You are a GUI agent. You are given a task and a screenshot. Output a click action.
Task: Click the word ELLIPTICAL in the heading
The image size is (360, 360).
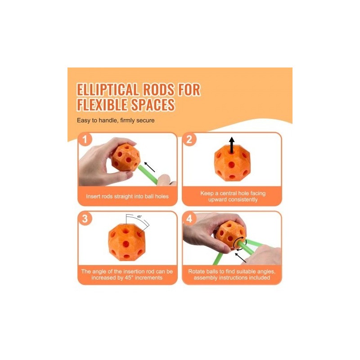(x=108, y=89)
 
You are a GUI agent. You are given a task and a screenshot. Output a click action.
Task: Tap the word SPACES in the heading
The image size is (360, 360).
(x=153, y=105)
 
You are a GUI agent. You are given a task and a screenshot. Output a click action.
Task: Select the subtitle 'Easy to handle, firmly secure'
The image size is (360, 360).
(x=116, y=120)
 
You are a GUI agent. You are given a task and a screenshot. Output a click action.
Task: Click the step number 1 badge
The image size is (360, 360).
(x=85, y=139)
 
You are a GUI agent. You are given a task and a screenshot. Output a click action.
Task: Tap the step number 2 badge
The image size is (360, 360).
(x=189, y=139)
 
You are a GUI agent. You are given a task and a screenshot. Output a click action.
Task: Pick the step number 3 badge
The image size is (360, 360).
(x=85, y=218)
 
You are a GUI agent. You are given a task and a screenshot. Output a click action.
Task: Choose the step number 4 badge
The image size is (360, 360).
(x=189, y=218)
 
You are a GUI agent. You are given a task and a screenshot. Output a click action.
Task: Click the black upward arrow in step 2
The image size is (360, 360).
(x=232, y=145)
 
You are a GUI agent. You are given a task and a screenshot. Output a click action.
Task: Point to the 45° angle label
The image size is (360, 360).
(x=139, y=216)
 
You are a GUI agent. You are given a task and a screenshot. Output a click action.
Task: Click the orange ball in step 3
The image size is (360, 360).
(x=126, y=242)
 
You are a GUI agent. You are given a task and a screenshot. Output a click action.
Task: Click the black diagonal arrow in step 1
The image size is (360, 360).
(x=149, y=167)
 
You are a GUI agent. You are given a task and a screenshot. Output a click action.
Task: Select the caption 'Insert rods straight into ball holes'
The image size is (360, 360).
(x=127, y=196)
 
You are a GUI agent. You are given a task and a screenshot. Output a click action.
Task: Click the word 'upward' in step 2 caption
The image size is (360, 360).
(x=218, y=199)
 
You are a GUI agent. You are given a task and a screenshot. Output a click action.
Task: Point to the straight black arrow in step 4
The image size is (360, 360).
(x=240, y=258)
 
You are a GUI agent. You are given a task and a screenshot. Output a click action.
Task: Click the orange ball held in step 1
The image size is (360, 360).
(x=126, y=157)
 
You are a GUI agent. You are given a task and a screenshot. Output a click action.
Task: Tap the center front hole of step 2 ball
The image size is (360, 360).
(x=232, y=164)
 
